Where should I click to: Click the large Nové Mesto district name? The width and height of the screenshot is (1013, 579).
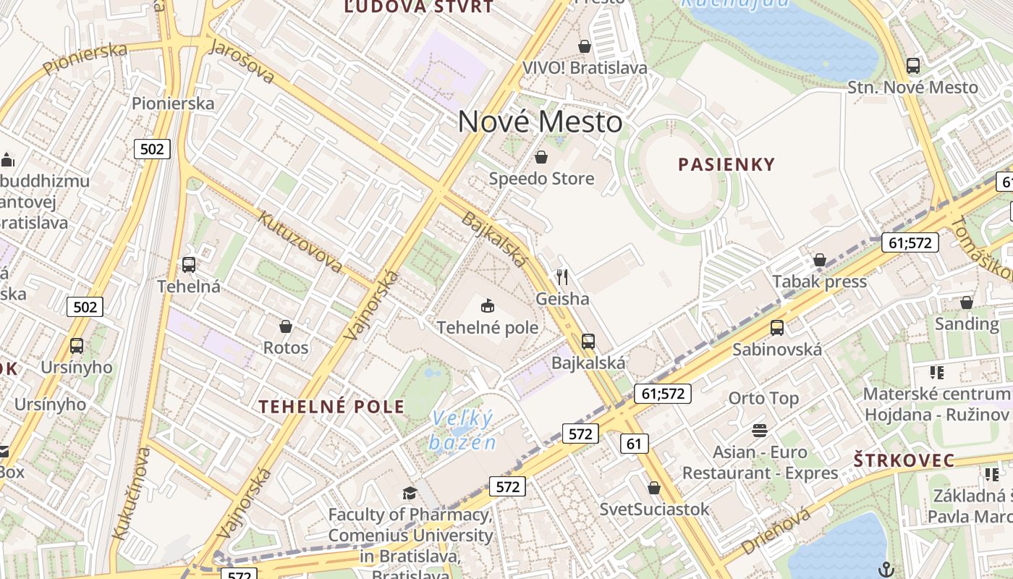pos(540,122)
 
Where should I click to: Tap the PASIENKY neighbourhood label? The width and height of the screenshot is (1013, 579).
pos(726,164)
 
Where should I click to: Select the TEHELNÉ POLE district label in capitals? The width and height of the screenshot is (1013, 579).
pos(332,406)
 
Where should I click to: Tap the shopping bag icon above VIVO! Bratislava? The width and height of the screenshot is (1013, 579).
pos(585,47)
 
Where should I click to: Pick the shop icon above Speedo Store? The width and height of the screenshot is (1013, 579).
pos(541,157)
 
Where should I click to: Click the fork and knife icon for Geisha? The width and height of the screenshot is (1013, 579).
pos(562,276)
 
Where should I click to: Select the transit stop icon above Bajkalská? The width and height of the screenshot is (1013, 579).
pos(588,341)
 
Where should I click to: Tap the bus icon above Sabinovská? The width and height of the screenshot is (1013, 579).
pos(777,328)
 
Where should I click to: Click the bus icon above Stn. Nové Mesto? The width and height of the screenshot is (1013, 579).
pos(913,66)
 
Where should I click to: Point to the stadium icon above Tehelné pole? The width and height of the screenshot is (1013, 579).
pos(488,306)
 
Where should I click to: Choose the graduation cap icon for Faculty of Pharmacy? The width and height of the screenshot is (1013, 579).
pos(410,493)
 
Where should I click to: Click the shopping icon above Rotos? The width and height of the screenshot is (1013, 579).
pos(286,326)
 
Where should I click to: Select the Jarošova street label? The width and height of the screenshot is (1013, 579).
pos(242,61)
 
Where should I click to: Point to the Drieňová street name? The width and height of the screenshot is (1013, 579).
pos(776,532)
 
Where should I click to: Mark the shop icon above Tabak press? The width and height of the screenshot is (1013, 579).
pos(820,260)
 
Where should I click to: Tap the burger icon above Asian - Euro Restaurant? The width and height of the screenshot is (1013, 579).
pos(760,431)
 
